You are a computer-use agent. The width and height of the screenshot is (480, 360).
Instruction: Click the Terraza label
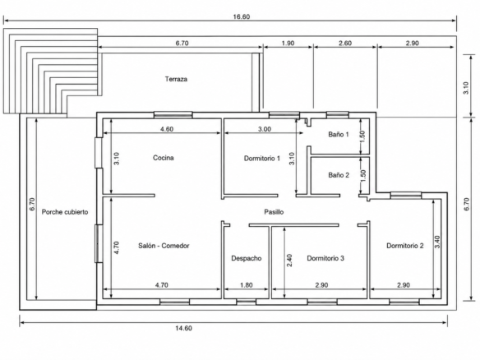click(x=176, y=79)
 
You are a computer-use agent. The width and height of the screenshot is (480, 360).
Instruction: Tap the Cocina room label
click(x=164, y=158)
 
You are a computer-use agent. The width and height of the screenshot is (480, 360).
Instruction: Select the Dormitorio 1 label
click(x=261, y=159)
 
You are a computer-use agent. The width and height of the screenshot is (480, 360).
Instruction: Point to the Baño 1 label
click(x=339, y=134)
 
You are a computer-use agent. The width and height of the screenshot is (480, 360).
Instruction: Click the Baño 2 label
click(x=339, y=175)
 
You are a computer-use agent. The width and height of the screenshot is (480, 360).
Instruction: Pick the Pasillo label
click(x=274, y=212)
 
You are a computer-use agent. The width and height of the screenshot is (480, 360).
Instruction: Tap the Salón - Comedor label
click(x=164, y=246)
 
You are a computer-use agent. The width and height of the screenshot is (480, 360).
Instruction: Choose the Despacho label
click(x=247, y=258)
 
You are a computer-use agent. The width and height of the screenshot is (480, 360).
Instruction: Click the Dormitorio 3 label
click(x=325, y=258)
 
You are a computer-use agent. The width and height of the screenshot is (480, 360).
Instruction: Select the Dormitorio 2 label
click(x=405, y=246)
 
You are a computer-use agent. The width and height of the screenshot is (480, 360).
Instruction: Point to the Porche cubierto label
click(x=65, y=212)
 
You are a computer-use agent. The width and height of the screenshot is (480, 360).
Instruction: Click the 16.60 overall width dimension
click(x=241, y=16)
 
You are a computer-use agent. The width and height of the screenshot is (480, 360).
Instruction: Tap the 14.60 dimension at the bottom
click(x=183, y=328)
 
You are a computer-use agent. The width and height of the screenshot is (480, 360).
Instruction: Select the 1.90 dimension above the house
click(x=288, y=44)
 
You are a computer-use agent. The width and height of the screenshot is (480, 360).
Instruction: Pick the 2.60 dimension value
click(x=345, y=44)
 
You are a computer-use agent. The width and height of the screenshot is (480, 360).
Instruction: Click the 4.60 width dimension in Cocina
click(x=167, y=129)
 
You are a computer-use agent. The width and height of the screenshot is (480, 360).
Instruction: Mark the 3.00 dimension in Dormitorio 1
click(x=265, y=129)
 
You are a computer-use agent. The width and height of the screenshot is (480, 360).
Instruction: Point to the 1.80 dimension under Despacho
click(x=247, y=285)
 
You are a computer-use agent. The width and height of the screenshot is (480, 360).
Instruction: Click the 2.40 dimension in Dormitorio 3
click(x=289, y=261)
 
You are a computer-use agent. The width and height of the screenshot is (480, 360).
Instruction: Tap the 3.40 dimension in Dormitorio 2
click(x=436, y=242)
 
